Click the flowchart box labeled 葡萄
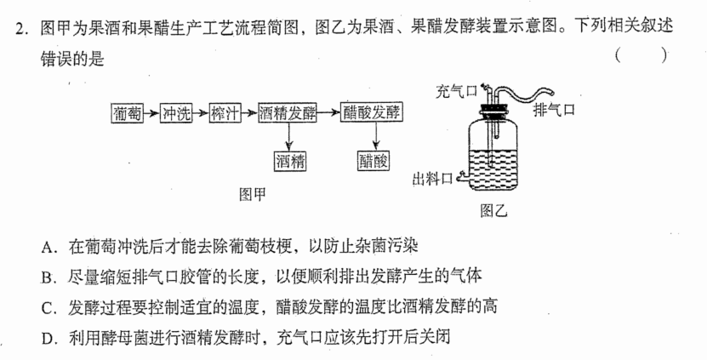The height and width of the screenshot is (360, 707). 128,113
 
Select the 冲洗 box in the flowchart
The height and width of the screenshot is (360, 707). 176,113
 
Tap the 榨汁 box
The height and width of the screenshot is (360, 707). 225,113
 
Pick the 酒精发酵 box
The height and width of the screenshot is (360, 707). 288,113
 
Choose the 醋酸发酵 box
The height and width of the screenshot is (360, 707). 372,113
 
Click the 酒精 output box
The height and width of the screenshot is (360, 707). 290,161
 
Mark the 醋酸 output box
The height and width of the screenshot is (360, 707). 373,161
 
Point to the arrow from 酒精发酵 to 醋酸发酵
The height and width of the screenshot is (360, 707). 329,113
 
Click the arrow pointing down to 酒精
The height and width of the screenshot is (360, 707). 289,137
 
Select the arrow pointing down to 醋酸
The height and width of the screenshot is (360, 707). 374,137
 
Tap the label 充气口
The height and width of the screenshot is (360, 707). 456,92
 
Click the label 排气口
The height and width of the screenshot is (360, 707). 554,110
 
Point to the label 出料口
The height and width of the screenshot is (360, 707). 432,179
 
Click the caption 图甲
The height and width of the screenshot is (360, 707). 253,194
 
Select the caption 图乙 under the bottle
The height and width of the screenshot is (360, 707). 494,210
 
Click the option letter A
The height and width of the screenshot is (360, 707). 47,247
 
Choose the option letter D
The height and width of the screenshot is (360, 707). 47,339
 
